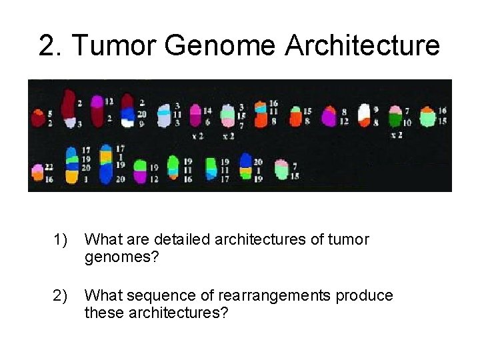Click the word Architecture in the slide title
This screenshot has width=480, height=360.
363,46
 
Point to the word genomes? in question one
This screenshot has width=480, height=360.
122,257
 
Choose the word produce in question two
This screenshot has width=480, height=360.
364,295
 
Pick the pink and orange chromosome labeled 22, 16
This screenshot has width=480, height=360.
35,172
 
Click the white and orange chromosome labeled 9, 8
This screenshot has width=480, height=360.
364,115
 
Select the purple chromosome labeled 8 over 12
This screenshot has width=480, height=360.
329,116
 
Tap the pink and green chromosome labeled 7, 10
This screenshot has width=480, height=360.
395,117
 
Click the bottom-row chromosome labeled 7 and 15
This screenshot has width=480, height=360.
281,170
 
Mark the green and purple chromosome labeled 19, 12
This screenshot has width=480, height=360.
140,172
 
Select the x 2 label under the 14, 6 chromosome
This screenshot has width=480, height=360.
197,135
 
